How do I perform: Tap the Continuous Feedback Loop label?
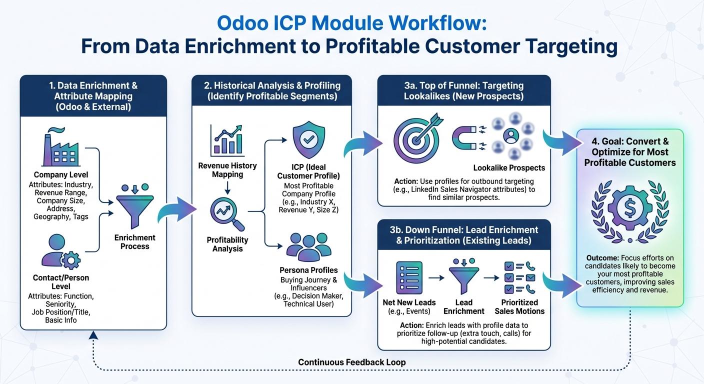pos(351,362)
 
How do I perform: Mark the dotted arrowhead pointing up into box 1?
pos(93,336)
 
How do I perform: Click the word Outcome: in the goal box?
pos(602,257)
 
